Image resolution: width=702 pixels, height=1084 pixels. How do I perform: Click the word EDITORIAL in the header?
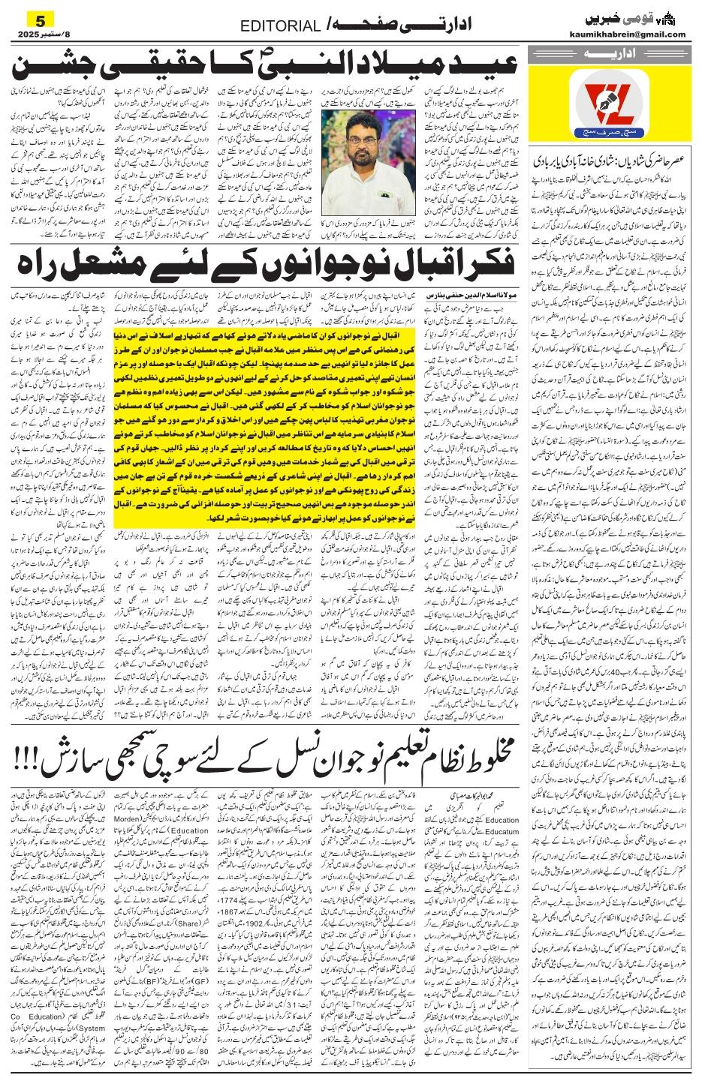click(280, 26)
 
